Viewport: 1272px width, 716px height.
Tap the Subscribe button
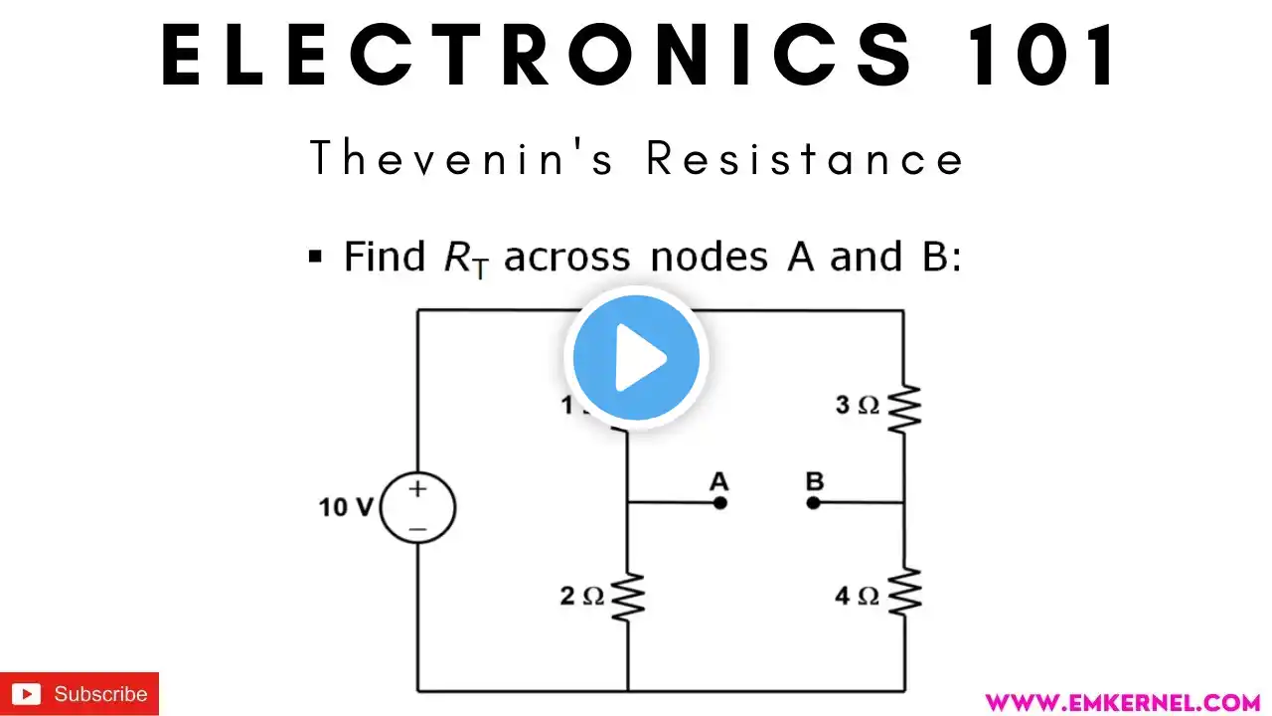(79, 694)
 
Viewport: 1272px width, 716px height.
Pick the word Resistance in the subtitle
(805, 159)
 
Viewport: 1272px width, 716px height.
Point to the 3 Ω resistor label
(857, 406)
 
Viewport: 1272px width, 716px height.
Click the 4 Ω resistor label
(857, 597)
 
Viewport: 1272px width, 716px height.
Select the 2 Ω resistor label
(581, 597)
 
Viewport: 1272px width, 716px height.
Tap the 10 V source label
(345, 507)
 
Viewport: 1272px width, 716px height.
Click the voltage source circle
(417, 507)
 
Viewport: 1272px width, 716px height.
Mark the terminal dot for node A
(720, 503)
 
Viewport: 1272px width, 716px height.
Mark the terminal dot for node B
(813, 503)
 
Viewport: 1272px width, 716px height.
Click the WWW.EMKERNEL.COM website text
(1122, 702)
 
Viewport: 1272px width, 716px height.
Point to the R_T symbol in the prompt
(465, 259)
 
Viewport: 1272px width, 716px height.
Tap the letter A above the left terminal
(718, 482)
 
